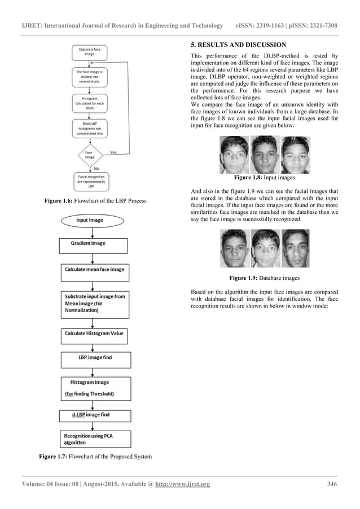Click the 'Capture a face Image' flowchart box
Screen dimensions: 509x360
tap(90, 52)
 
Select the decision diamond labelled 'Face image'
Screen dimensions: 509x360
tap(90, 155)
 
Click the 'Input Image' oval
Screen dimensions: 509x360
tap(90, 220)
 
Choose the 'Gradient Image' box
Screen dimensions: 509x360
tap(94, 244)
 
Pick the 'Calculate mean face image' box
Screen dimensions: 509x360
tap(94, 269)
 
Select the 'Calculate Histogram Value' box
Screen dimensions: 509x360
tap(94, 334)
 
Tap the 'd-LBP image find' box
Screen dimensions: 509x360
tap(94, 416)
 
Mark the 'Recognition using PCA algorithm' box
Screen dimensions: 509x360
tap(94, 440)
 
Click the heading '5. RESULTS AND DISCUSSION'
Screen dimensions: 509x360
tap(239, 45)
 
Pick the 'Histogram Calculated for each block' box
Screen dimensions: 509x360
tap(90, 103)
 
